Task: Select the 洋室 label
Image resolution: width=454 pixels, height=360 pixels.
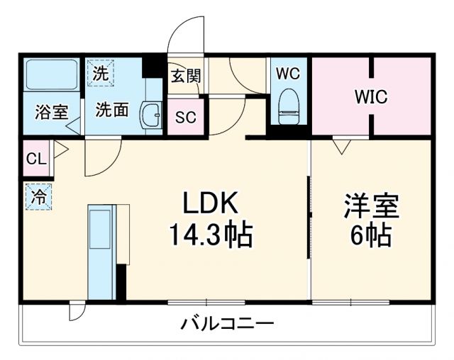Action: [x=372, y=206]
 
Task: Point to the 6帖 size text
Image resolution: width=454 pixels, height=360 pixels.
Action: [x=371, y=235]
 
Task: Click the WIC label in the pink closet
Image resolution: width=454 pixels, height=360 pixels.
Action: [x=371, y=97]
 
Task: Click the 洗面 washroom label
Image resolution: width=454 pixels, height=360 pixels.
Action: [x=111, y=110]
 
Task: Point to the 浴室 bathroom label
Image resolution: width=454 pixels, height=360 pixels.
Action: [x=51, y=112]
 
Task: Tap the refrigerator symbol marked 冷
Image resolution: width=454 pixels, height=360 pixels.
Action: [x=39, y=197]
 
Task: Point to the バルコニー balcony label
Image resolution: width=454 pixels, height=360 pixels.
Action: [x=226, y=325]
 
